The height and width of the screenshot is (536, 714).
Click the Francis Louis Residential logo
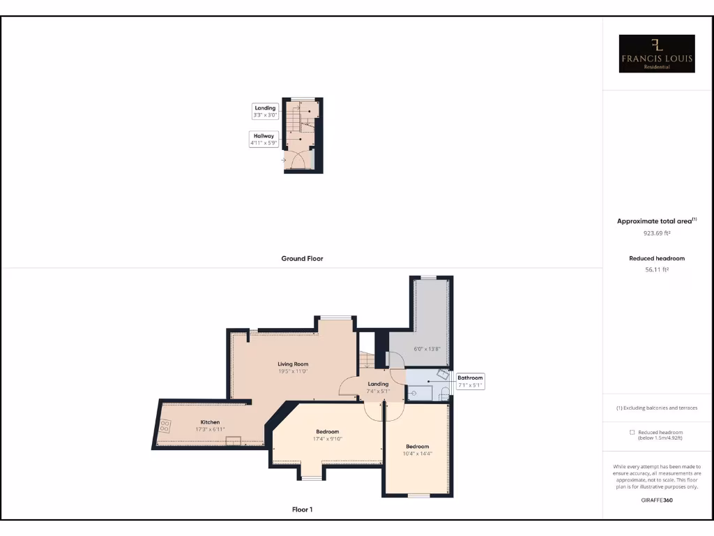(658, 54)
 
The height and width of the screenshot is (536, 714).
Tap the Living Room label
(293, 364)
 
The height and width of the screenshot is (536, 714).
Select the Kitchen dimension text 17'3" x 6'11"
(210, 430)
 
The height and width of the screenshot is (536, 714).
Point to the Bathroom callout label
(470, 381)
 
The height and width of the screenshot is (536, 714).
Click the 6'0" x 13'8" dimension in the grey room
(427, 348)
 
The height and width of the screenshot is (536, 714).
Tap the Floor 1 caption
(302, 509)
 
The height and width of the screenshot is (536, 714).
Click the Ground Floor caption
(302, 258)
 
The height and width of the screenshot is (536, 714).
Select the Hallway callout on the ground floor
(264, 139)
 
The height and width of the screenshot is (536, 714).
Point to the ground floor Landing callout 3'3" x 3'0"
(265, 112)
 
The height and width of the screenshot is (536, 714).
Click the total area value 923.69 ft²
(656, 234)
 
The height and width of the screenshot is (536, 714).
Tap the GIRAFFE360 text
(656, 500)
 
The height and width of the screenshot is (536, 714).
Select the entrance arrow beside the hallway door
(284, 160)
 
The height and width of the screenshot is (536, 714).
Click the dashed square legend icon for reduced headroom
(632, 433)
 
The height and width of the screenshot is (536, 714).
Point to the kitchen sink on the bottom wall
(234, 440)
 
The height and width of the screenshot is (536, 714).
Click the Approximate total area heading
(656, 221)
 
